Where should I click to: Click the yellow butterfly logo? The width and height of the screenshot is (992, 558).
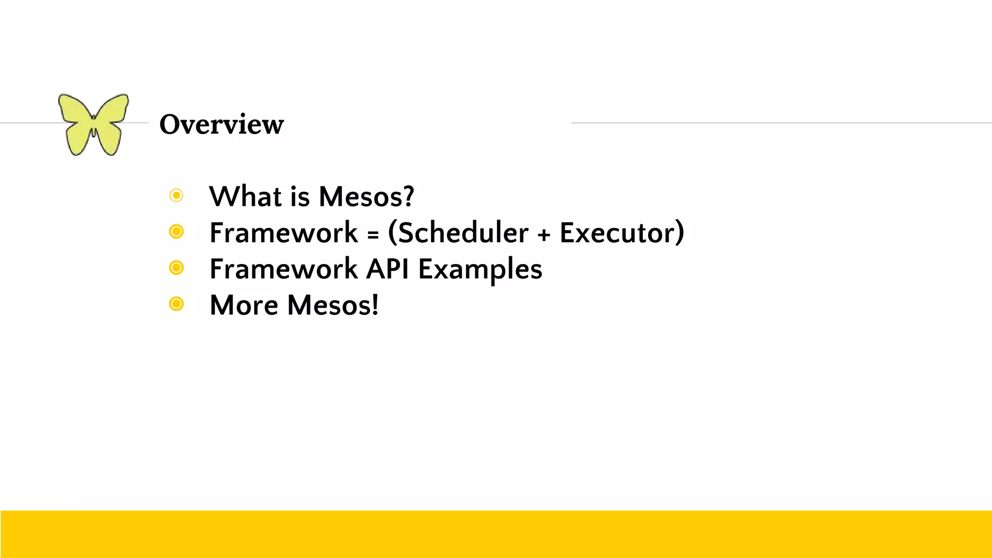pos(93,124)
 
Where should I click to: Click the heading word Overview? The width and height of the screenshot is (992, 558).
pos(221,124)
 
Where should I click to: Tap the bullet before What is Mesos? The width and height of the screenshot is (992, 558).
pos(176,195)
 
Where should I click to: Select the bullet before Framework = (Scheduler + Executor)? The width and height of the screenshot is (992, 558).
pos(176,232)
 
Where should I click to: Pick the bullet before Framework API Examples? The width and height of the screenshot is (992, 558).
pos(176,267)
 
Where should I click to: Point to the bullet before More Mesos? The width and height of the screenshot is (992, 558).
pos(176,304)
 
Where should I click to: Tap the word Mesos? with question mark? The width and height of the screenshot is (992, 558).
pos(366,196)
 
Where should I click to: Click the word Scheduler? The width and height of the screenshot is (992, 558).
pos(462,232)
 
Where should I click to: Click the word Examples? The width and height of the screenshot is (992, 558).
pos(480,269)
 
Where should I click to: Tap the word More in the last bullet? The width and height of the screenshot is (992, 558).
pos(244,305)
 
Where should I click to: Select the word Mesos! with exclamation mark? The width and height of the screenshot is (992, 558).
pos(333,305)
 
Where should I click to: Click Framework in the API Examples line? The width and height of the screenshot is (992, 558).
pos(283,269)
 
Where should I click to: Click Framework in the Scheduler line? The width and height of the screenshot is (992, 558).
pos(283,232)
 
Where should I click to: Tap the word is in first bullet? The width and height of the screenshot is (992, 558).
pos(300,196)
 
